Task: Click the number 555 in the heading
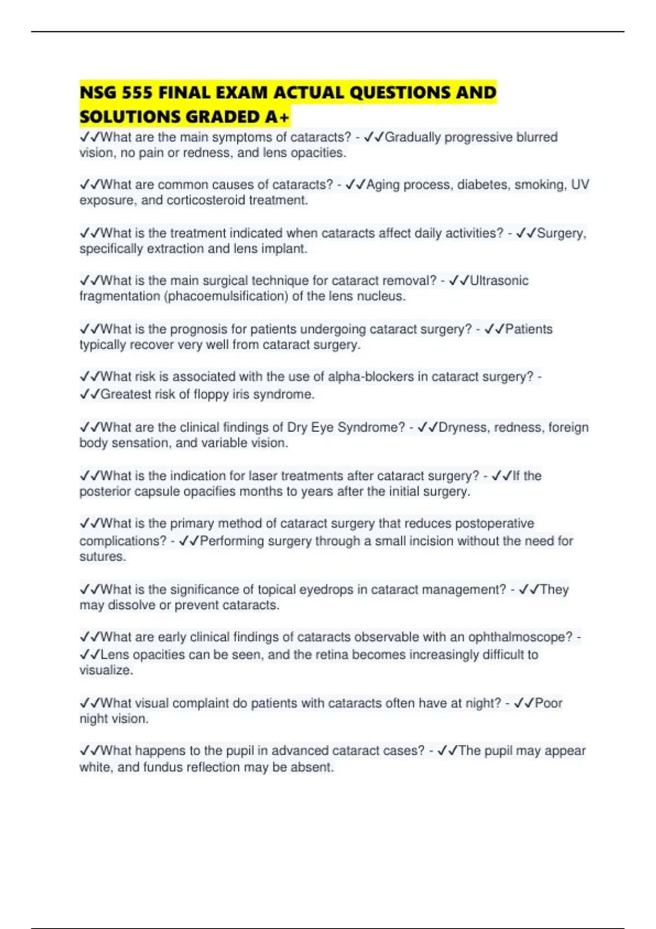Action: [137, 93]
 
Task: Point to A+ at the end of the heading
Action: [277, 117]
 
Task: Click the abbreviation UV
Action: [580, 185]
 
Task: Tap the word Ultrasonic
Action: [499, 281]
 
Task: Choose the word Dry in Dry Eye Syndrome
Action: [297, 427]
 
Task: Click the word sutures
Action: [103, 557]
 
